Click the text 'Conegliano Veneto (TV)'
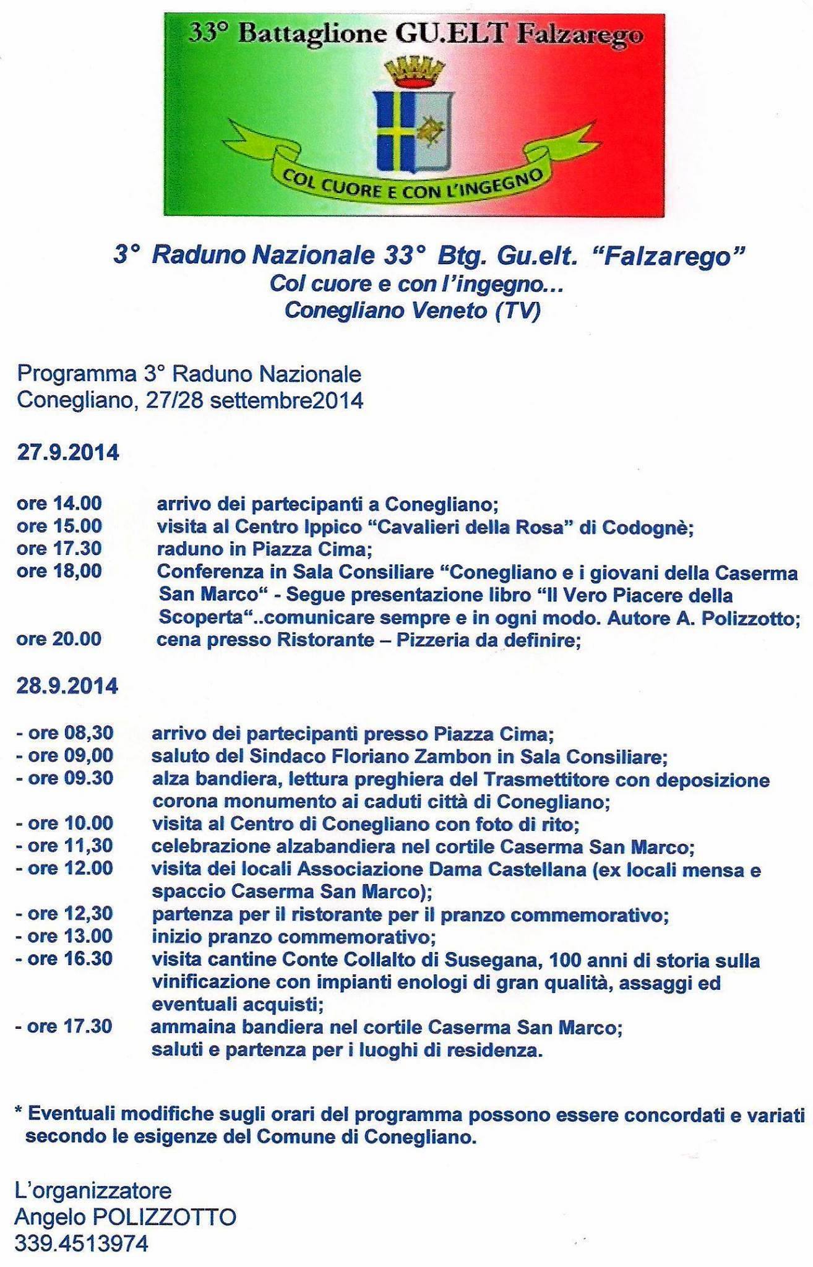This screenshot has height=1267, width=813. [412, 310]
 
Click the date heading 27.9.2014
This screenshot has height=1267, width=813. [67, 452]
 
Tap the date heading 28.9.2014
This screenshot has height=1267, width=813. [67, 686]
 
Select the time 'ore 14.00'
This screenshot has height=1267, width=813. [59, 504]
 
